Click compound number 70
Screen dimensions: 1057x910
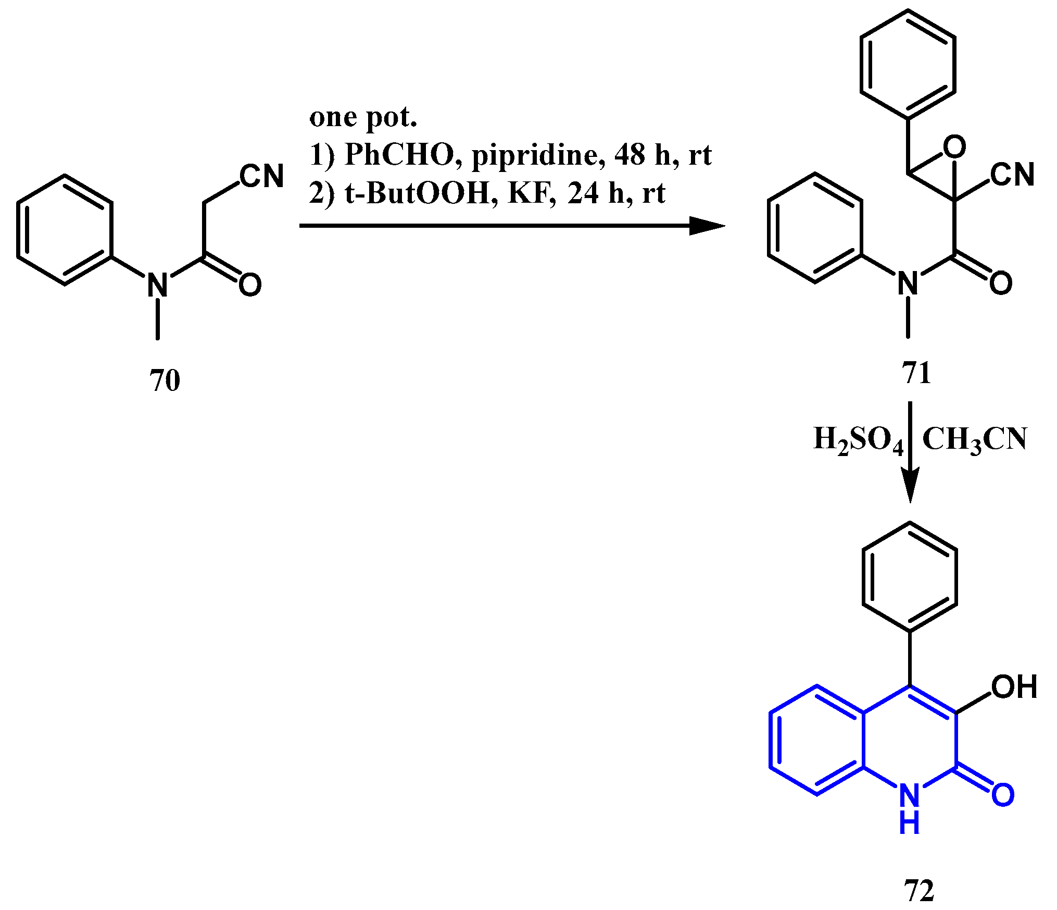165,380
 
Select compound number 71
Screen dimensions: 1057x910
916,373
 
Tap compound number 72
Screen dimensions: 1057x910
919,891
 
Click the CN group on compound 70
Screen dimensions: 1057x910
262,176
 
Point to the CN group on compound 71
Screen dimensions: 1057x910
1012,175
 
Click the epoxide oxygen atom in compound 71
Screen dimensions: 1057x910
954,147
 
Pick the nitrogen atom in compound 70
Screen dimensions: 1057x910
157,285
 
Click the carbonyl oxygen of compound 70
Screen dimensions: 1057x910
250,285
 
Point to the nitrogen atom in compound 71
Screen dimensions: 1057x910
908,284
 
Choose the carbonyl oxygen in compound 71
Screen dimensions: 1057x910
1001,283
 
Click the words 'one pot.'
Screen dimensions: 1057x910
363,118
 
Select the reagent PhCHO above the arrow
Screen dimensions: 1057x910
399,155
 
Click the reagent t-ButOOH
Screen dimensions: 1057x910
417,193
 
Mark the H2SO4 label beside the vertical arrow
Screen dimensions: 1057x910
858,439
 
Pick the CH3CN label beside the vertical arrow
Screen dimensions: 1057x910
974,439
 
